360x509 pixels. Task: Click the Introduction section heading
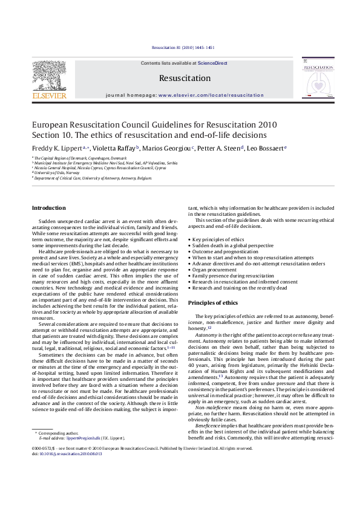click(x=49, y=208)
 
